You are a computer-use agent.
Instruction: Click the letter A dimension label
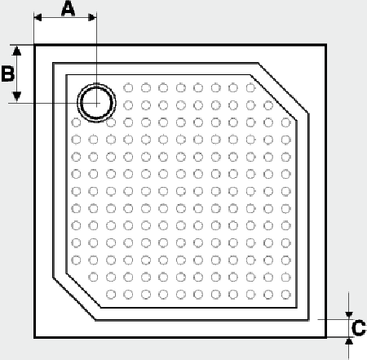68,8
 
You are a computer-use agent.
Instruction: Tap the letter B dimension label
8,73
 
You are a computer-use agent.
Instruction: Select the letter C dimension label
359,328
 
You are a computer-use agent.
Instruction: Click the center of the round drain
96,103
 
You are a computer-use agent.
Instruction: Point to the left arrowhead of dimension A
38,18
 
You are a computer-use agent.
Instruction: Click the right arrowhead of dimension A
92,18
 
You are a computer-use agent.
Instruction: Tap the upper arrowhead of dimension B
17,51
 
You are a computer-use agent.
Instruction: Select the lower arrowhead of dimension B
17,96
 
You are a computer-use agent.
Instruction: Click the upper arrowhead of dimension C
349,315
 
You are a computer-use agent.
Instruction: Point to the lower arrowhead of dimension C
349,341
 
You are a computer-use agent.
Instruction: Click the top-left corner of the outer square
34,45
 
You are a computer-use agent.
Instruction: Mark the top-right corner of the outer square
326,45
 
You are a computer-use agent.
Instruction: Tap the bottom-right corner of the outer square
326,337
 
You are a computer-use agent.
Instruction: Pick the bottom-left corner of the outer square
34,337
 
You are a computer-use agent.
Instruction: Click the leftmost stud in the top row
128,88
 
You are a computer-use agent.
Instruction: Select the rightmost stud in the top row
250,88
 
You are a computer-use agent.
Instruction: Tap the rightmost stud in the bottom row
286,295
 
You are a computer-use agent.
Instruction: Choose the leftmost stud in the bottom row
111,295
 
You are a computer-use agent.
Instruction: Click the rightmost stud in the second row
268,105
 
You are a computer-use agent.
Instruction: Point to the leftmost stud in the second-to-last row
93,278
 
